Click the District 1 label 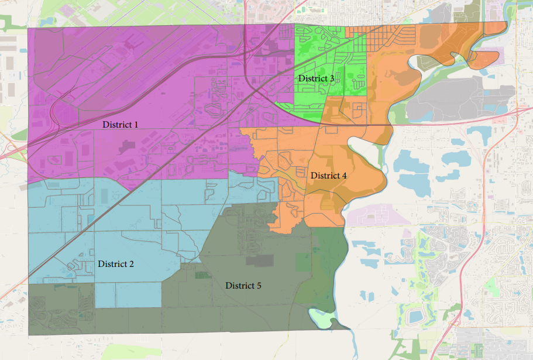(121, 125)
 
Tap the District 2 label (116, 264)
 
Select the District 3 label (316, 78)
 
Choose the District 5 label (243, 286)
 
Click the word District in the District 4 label (325, 176)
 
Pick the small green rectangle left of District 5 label (203, 275)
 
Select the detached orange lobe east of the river (486, 57)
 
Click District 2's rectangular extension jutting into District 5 (128, 294)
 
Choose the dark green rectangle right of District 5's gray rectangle (304, 262)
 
